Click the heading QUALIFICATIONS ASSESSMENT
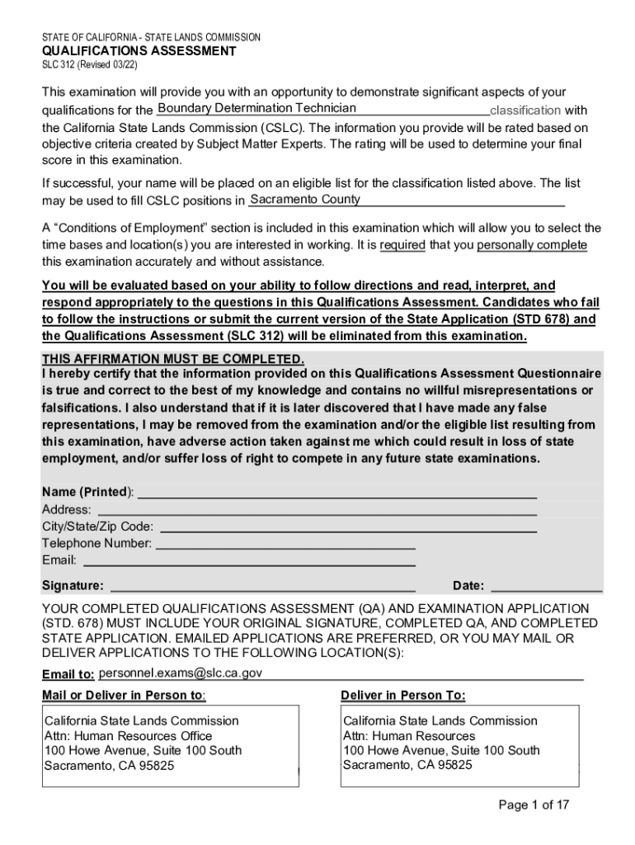(x=139, y=51)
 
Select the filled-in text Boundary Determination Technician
(x=256, y=109)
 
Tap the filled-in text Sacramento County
(x=304, y=200)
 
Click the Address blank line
(x=314, y=511)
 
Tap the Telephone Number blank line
(x=285, y=545)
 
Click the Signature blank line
(x=262, y=587)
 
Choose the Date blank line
(x=546, y=587)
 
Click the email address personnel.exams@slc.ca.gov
(x=181, y=673)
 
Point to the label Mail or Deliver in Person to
(x=124, y=695)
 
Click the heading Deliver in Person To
(x=402, y=695)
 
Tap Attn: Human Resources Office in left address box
(x=128, y=736)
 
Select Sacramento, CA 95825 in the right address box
(x=407, y=765)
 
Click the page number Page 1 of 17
(x=534, y=805)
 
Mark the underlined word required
(x=402, y=245)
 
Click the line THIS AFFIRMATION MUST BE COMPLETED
(x=173, y=359)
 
